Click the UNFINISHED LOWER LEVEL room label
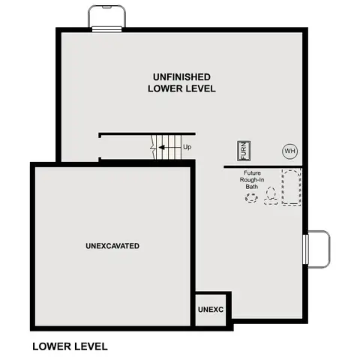(181, 82)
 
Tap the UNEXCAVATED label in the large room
(112, 246)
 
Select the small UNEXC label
(211, 309)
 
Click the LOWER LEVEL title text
(70, 346)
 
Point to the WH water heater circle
(289, 151)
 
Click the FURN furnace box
(244, 150)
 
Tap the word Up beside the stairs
(187, 147)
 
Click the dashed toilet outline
(271, 196)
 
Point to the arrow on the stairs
(175, 147)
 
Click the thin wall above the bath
(262, 166)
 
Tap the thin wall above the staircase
(136, 134)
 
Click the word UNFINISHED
(181, 77)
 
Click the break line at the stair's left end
(154, 147)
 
